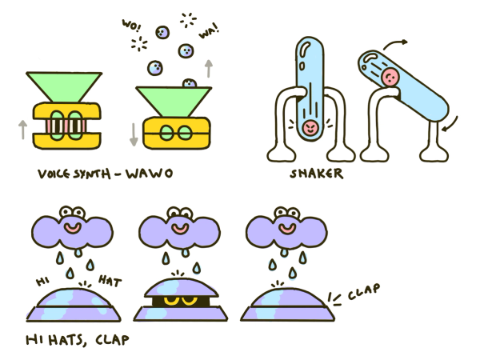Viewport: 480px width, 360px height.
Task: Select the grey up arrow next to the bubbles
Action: pyautogui.click(x=209, y=67)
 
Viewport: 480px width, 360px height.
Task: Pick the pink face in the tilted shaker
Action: pyautogui.click(x=390, y=77)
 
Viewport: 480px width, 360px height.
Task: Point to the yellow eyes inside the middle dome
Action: pyautogui.click(x=177, y=302)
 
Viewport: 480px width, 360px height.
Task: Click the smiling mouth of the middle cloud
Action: pyautogui.click(x=176, y=228)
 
